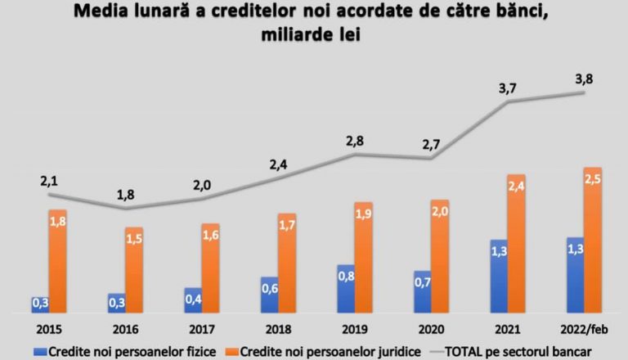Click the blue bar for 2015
click(x=40, y=304)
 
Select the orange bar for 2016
click(x=134, y=270)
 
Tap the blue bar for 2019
click(x=347, y=288)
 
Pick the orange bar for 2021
click(x=517, y=243)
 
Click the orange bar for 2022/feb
click(x=594, y=240)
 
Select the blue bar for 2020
click(x=423, y=291)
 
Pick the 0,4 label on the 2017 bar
click(x=193, y=299)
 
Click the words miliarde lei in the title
click(x=314, y=37)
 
